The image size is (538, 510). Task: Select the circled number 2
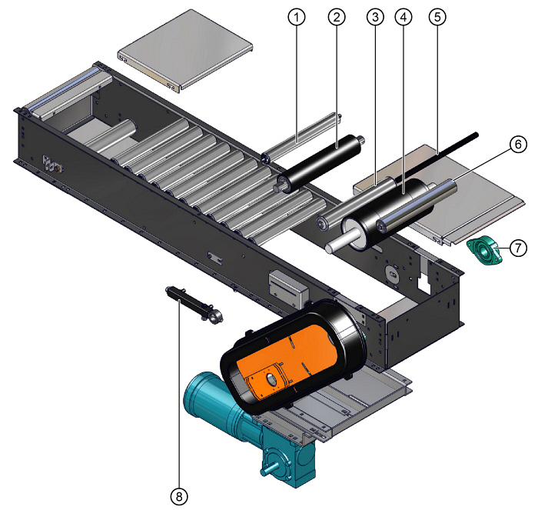tap(336, 16)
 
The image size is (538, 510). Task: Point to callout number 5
tap(437, 16)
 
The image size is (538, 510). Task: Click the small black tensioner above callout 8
tap(193, 302)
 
